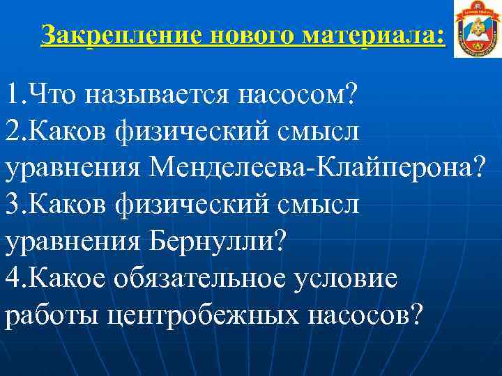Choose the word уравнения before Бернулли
tap(73, 242)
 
